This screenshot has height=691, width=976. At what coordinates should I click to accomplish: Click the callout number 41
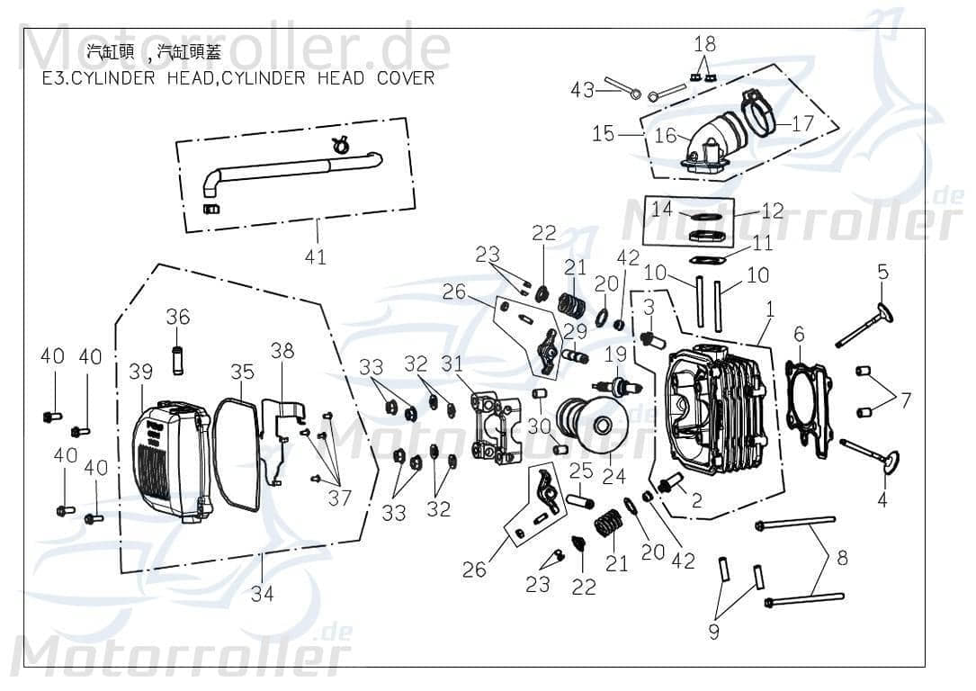pyautogui.click(x=315, y=257)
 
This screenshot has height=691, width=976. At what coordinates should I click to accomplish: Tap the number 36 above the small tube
pyautogui.click(x=178, y=317)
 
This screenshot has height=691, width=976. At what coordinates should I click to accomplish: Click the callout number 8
pyautogui.click(x=841, y=559)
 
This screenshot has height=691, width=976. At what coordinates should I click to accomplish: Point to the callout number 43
pyautogui.click(x=582, y=90)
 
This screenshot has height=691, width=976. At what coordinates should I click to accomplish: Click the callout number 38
pyautogui.click(x=282, y=351)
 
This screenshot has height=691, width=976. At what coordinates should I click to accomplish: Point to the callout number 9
pyautogui.click(x=713, y=632)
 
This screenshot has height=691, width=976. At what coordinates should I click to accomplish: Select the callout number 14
pyautogui.click(x=662, y=209)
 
